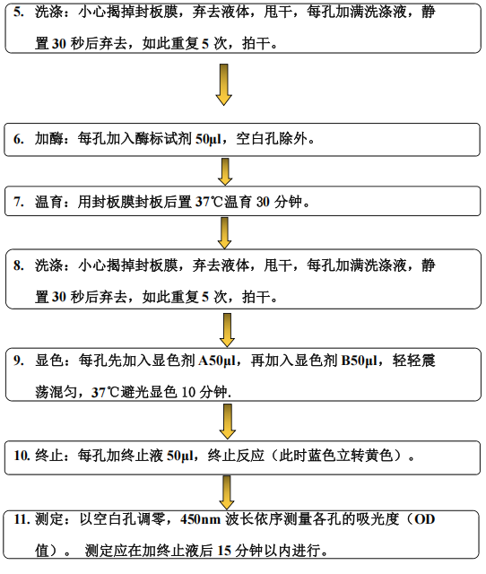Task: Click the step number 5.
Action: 19,12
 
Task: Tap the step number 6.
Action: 19,139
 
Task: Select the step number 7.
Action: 19,202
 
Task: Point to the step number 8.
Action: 19,265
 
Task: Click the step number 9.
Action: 19,361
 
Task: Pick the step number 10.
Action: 22,456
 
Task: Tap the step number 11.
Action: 22,519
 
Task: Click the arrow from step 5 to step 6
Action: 223,85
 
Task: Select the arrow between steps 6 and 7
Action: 225,172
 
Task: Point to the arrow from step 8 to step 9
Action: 227,330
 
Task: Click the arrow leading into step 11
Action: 227,492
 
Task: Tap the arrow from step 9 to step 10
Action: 227,422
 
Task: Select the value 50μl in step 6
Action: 208,140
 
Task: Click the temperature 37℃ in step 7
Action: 209,202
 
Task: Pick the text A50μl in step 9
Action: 217,361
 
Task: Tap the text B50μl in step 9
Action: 359,361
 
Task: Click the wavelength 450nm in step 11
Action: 200,519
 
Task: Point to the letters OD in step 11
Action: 424,519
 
